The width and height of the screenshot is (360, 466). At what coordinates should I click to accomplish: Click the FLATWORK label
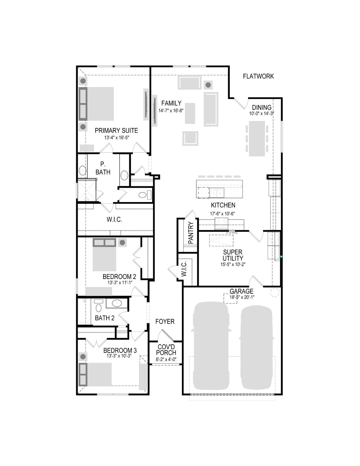[258, 76]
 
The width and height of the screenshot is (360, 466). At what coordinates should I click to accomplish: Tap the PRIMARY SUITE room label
[116, 130]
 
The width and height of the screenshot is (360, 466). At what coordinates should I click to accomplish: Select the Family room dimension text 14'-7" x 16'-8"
[171, 111]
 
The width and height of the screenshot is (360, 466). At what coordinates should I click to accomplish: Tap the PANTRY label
[191, 233]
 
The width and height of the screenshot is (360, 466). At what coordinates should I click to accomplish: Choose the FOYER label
[165, 321]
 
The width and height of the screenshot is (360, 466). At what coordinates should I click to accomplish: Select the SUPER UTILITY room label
[233, 255]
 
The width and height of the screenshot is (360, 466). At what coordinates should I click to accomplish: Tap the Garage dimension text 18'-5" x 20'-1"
[241, 297]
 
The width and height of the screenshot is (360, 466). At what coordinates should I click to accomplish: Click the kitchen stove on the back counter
[221, 223]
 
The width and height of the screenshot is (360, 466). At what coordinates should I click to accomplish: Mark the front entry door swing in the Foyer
[166, 336]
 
